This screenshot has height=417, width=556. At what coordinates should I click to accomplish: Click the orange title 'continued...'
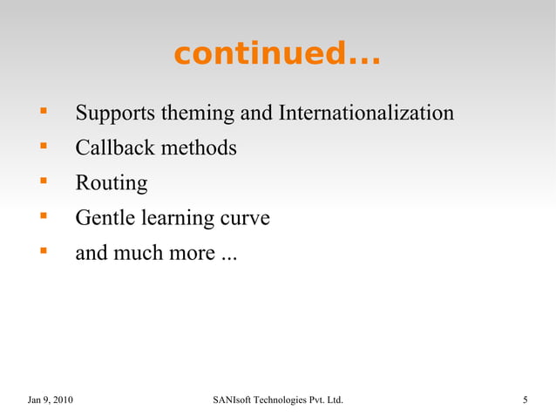[276, 54]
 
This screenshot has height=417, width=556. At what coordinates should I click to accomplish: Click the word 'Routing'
[112, 184]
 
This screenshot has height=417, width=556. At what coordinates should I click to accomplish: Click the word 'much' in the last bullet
[140, 254]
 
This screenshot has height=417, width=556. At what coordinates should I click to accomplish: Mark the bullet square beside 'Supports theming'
[41, 113]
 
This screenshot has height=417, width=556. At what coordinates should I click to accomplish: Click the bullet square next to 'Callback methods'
[41, 147]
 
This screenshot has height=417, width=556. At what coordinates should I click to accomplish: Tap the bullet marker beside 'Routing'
[41, 181]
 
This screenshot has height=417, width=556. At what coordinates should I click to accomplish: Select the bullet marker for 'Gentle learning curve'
[41, 216]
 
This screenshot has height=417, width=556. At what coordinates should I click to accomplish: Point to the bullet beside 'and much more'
[41, 252]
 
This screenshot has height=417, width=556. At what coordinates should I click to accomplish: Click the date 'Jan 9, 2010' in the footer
[51, 400]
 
